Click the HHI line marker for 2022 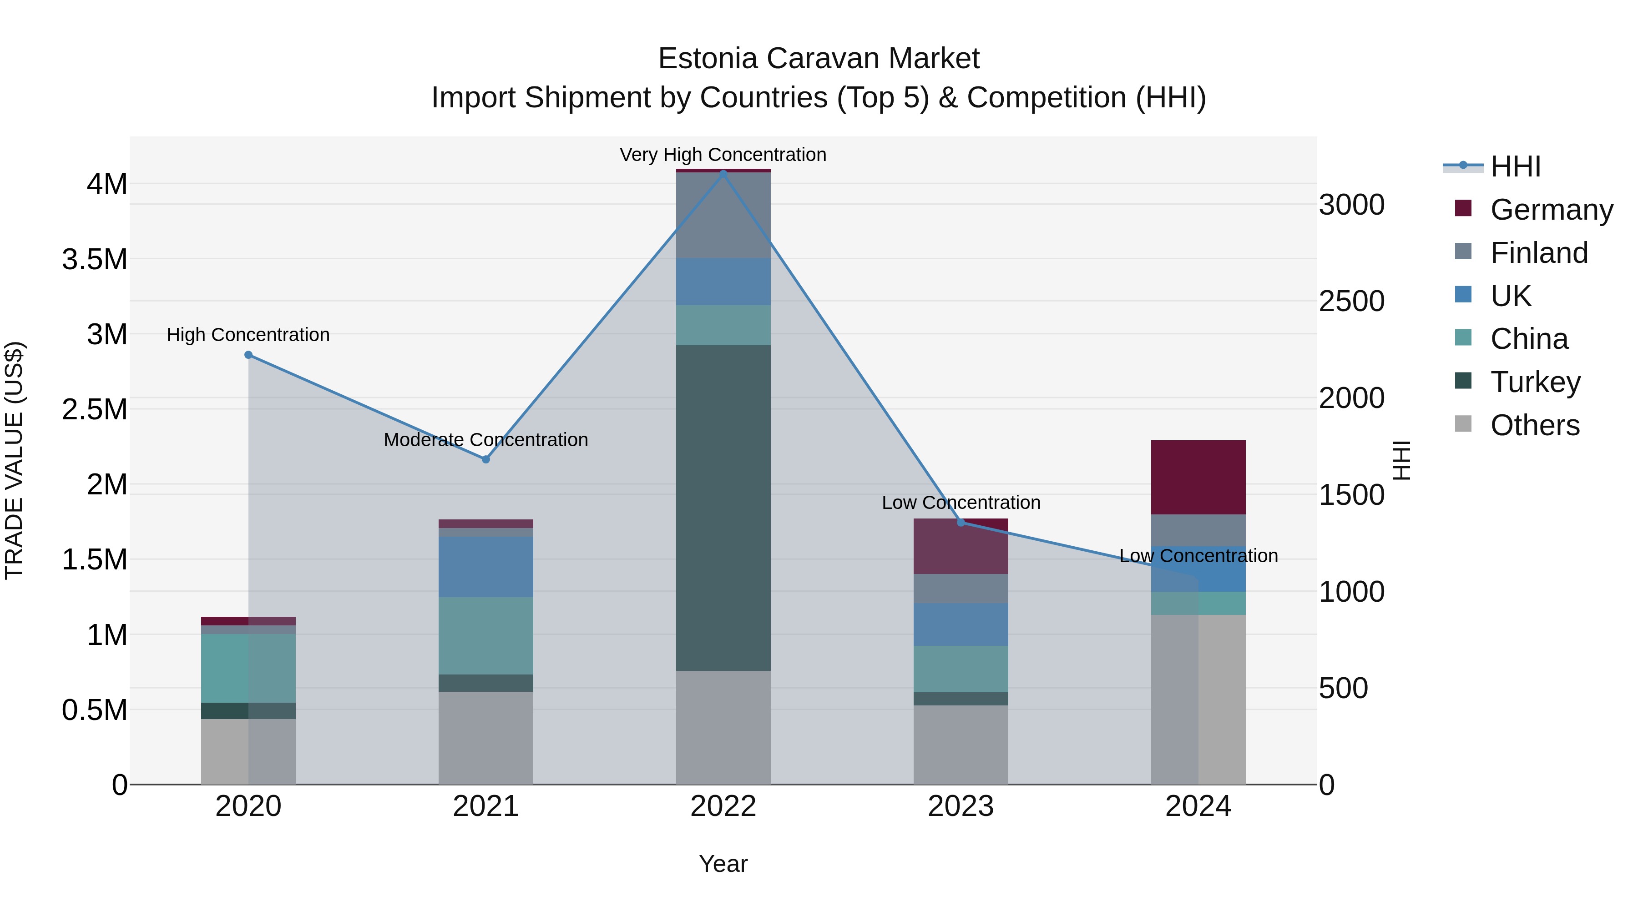coord(723,173)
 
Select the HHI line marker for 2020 coord(248,355)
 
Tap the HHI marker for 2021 coord(486,459)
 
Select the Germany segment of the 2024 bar coord(1198,477)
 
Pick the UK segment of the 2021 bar coord(486,566)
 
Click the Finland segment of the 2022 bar coord(723,215)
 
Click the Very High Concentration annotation coord(723,155)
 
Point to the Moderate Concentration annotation coord(486,440)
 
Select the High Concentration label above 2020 coord(248,335)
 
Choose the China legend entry coord(1529,339)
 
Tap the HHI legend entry coord(1515,166)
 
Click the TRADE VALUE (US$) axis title coord(14,460)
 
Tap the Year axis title coord(723,864)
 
